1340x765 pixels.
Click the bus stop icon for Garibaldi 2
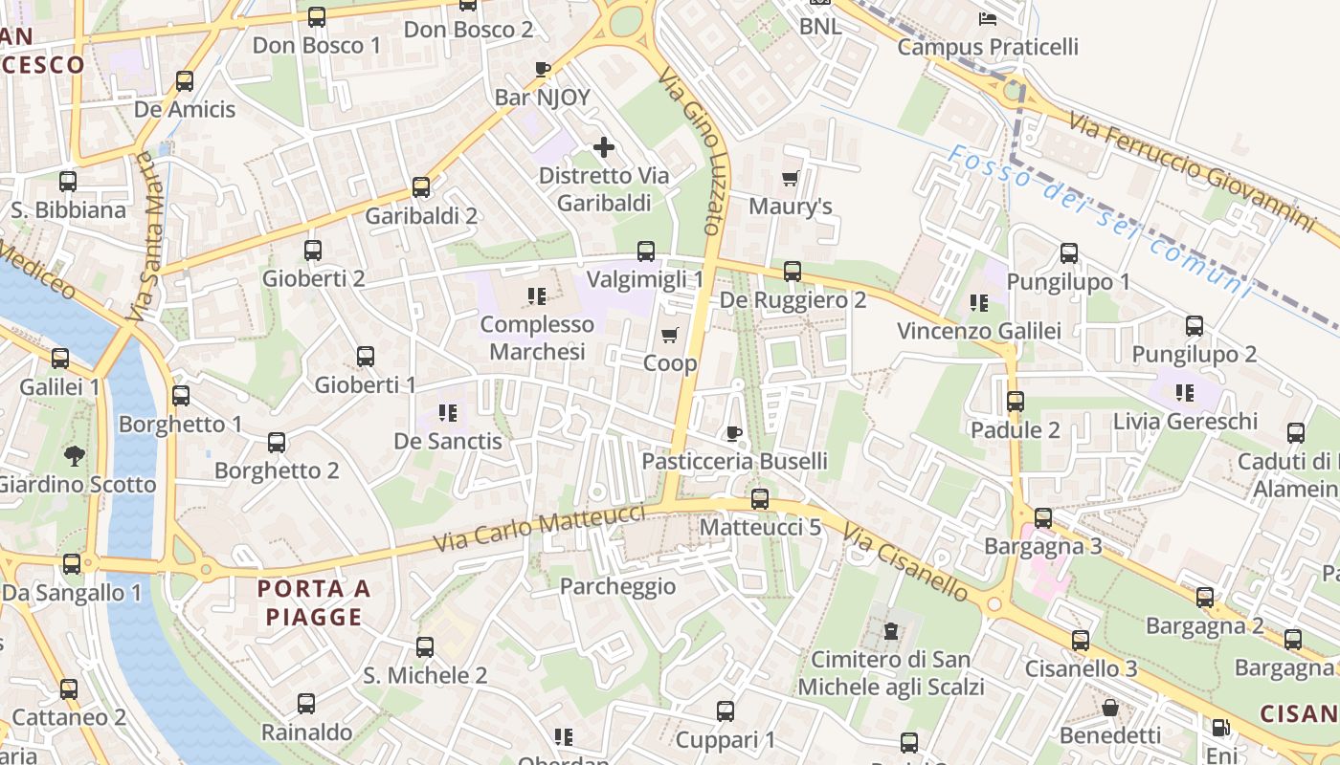click(420, 187)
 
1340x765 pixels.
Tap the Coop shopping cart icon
click(670, 335)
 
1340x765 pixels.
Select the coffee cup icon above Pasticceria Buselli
click(734, 433)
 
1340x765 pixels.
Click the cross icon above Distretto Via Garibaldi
click(604, 147)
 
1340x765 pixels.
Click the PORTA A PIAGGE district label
click(315, 602)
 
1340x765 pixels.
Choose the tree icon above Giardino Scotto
click(74, 455)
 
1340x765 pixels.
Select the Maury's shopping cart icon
click(791, 178)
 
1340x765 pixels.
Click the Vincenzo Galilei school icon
click(978, 303)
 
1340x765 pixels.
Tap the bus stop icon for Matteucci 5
click(760, 498)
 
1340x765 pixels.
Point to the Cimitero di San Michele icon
click(891, 631)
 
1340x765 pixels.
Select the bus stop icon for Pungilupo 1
click(1069, 253)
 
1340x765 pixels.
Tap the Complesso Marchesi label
click(537, 338)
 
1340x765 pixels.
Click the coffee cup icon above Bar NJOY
click(542, 69)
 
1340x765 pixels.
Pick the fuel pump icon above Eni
click(1219, 728)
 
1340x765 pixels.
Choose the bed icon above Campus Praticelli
click(988, 18)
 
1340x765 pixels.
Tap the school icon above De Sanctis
click(448, 413)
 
